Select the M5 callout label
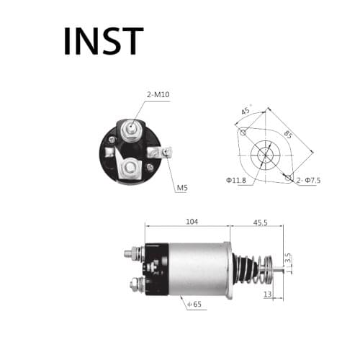tap(183, 189)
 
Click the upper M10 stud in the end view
tap(131, 130)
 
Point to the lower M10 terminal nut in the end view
tap(131, 168)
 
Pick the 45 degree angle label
tap(246, 111)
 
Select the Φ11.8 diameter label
tap(235, 179)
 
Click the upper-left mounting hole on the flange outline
tap(244, 132)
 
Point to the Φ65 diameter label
tap(194, 305)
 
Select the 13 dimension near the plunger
tap(268, 294)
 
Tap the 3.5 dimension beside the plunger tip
tap(287, 256)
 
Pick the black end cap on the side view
tap(156, 271)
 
